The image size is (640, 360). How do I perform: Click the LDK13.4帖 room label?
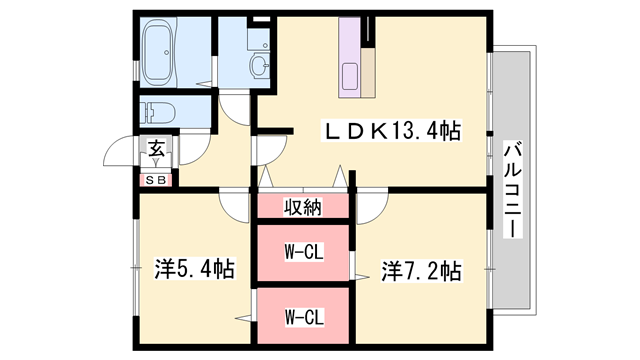click(389, 130)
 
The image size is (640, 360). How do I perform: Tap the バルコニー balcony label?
click(513, 188)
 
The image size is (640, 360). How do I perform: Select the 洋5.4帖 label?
click(194, 269)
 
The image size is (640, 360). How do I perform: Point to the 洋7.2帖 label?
click(421, 269)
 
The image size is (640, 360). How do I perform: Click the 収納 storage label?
click(302, 208)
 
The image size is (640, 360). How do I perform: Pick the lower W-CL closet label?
click(302, 318)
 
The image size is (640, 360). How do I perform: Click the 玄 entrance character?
click(157, 150)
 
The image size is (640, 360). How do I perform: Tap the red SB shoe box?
click(157, 180)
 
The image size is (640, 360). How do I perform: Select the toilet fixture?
click(160, 111)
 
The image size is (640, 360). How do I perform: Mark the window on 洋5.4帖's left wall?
click(137, 268)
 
